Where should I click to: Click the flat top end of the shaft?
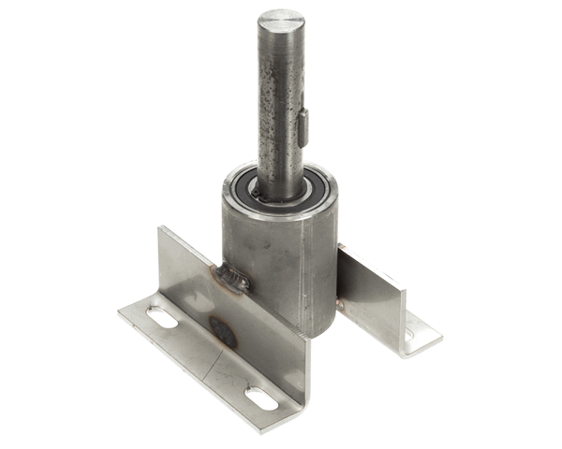coord(281,20)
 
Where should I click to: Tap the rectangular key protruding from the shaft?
coord(303,127)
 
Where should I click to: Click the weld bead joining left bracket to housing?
coord(231,276)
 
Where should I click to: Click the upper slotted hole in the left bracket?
coord(163,319)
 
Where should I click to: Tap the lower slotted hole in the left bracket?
coord(261,397)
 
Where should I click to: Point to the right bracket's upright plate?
coord(370,295)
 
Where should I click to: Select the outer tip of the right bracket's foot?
coord(440,329)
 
